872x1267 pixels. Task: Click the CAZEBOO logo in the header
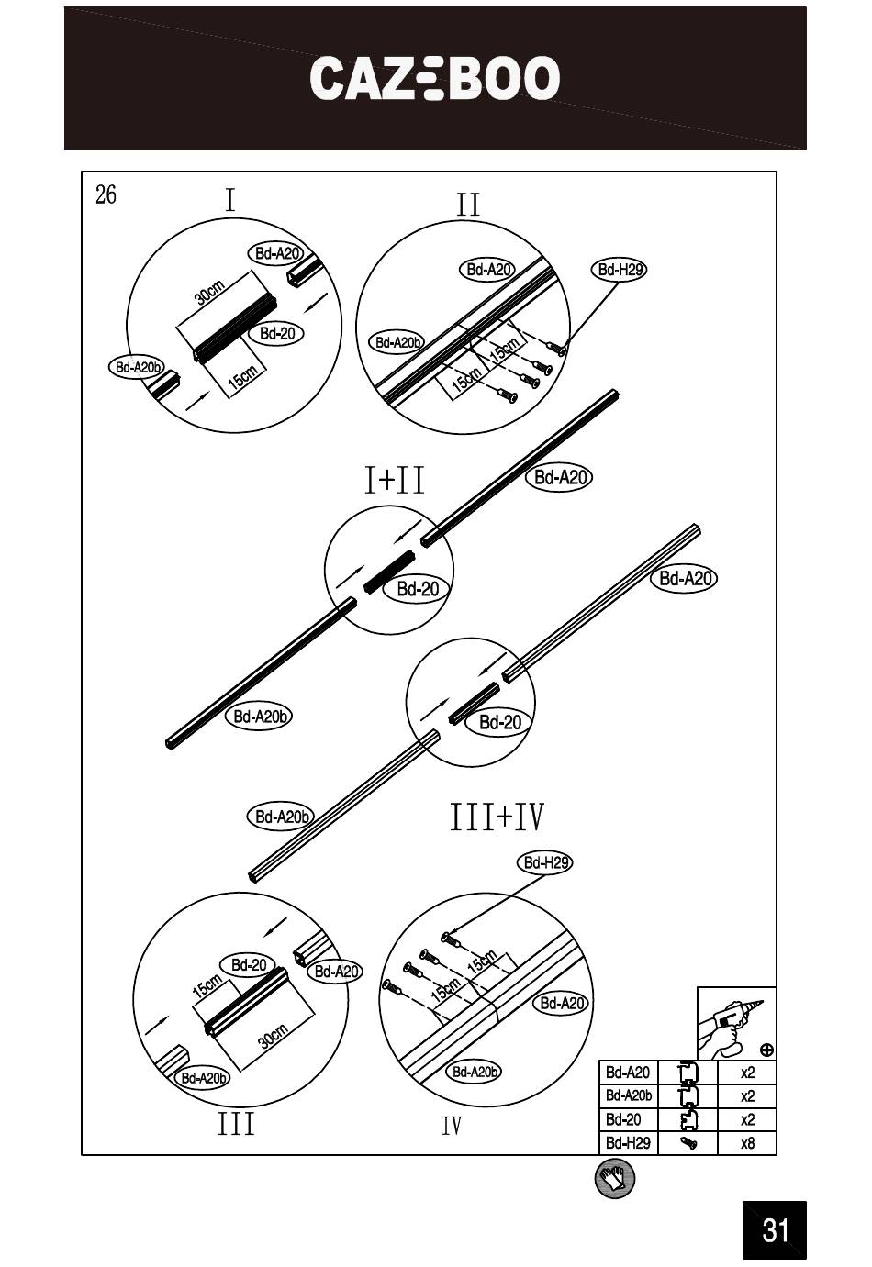435,79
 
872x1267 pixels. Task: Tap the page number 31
775,1229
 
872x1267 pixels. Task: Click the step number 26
106,194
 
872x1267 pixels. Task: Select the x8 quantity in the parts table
748,1143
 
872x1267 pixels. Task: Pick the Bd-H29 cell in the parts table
628,1143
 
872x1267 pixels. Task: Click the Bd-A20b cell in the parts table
629,1095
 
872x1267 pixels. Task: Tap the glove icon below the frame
614,1179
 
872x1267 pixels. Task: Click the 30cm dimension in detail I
209,293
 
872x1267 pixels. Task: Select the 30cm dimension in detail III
273,1036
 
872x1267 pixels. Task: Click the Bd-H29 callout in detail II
621,270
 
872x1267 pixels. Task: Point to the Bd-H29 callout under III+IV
546,862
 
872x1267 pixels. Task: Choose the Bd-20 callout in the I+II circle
419,589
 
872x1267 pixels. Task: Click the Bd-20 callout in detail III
249,965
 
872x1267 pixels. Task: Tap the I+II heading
395,480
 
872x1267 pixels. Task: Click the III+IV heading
497,817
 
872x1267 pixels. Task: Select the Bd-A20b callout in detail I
137,368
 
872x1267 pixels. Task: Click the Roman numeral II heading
468,205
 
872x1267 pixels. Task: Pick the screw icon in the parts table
688,1143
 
